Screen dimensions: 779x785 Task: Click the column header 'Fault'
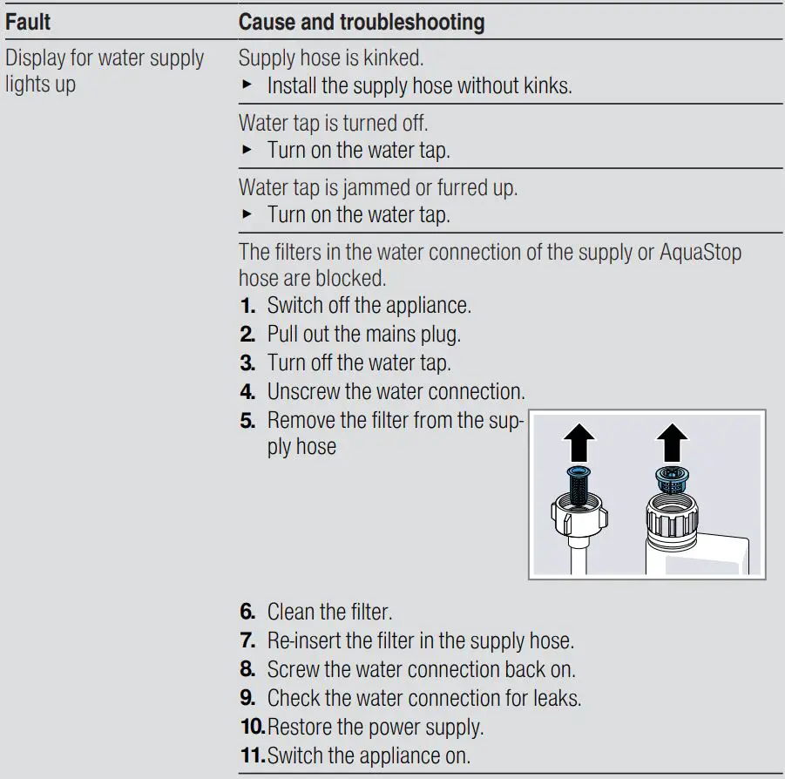click(x=28, y=22)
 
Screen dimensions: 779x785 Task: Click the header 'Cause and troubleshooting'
click(x=362, y=22)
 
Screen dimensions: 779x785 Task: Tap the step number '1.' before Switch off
click(x=247, y=306)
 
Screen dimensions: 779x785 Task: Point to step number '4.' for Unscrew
click(x=247, y=390)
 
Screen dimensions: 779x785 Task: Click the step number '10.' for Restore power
click(x=252, y=726)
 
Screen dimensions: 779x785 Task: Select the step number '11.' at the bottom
click(x=252, y=755)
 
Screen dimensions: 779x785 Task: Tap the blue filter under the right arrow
click(x=672, y=476)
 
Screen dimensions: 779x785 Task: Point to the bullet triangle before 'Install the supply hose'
click(x=247, y=86)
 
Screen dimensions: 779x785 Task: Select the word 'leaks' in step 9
click(x=557, y=698)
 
